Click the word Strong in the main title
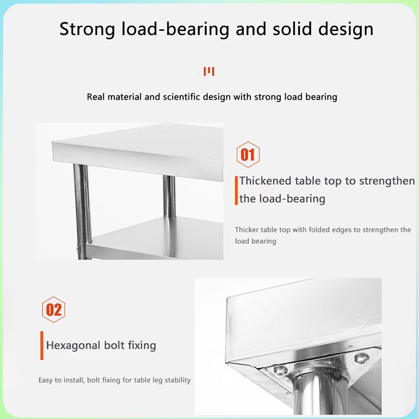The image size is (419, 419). [87, 29]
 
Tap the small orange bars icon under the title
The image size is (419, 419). [209, 71]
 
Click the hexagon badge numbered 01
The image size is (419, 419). [248, 155]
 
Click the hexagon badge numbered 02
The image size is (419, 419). [53, 310]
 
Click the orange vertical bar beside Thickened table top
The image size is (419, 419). [236, 191]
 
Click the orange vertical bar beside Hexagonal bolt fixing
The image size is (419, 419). [42, 346]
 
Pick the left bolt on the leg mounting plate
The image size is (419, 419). [280, 370]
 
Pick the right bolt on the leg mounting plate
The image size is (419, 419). [361, 358]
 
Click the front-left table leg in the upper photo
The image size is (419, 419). [83, 211]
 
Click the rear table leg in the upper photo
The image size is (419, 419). [169, 196]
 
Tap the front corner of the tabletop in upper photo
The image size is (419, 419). [53, 142]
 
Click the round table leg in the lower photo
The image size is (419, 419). [320, 393]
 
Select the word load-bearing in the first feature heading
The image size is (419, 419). [282, 199]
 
